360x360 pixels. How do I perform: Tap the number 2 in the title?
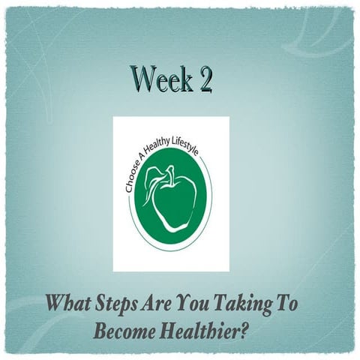tap(203, 79)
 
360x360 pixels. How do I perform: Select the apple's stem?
tap(172, 172)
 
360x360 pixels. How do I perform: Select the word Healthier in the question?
tap(203, 330)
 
